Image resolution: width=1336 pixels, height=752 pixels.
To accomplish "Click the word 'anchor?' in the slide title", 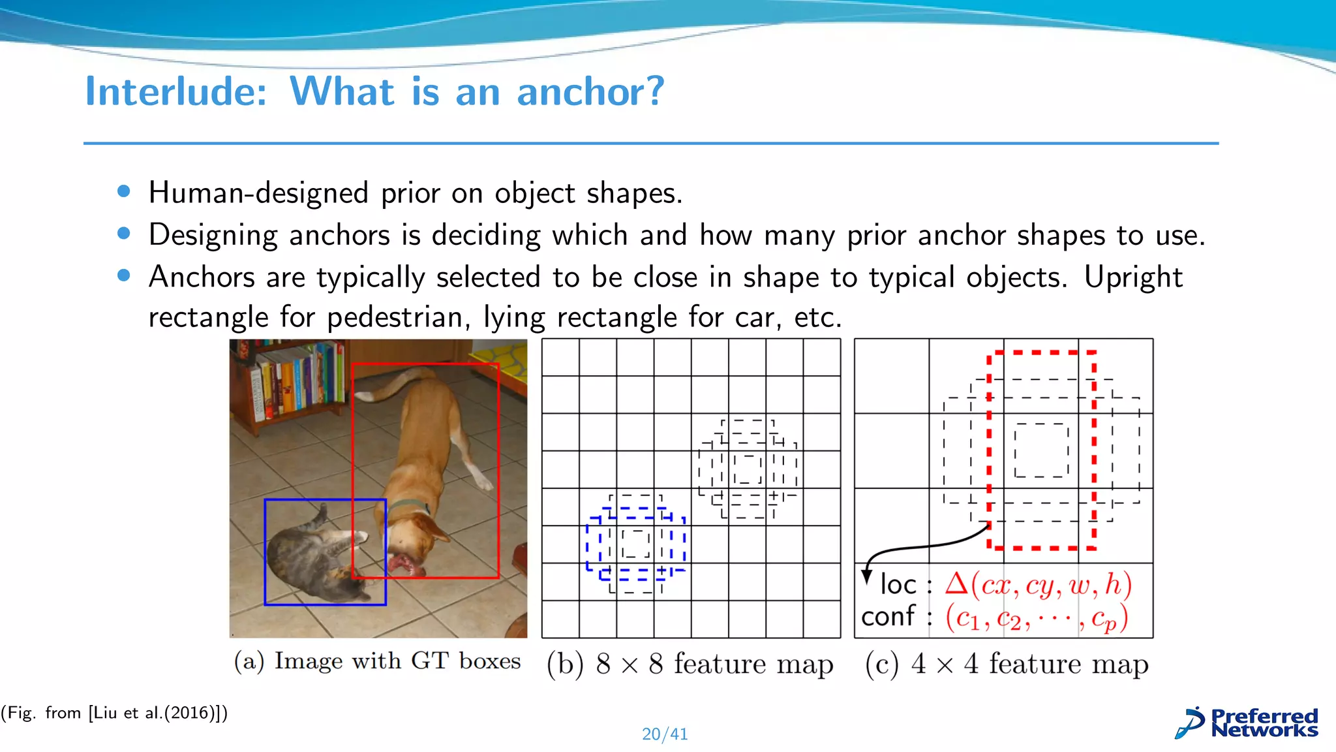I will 590,91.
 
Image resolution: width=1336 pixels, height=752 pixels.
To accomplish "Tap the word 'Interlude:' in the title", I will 176,91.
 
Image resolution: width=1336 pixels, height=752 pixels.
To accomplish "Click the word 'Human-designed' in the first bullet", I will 259,193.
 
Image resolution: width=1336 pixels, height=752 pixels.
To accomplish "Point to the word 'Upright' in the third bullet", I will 1133,277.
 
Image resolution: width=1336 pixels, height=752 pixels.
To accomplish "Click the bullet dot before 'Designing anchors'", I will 124,234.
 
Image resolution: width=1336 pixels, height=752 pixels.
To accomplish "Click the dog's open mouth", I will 402,565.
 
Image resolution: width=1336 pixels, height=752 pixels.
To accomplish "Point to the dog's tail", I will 391,385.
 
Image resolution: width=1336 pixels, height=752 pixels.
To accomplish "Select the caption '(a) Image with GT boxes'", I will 377,661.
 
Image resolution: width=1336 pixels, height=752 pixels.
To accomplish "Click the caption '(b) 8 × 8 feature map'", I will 690,664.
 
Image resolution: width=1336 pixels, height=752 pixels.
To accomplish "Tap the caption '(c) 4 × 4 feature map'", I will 1007,664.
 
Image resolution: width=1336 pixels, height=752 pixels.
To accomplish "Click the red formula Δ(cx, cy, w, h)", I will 1038,584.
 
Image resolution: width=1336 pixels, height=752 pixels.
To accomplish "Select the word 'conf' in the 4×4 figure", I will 888,616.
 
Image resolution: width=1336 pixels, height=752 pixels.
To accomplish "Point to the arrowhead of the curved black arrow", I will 867,576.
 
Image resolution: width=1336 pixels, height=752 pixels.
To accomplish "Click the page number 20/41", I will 665,734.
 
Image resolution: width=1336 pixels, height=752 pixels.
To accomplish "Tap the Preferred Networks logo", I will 1247,723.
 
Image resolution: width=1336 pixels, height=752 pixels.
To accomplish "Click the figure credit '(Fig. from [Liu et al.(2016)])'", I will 114,713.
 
